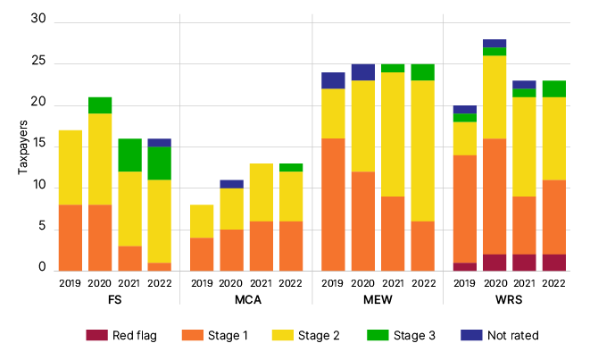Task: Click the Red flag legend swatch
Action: coord(96,335)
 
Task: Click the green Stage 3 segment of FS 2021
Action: coord(129,155)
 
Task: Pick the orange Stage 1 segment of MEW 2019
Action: coord(333,205)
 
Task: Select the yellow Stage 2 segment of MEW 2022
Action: coord(422,151)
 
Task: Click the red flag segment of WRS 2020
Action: coord(494,263)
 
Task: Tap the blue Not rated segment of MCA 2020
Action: coord(232,184)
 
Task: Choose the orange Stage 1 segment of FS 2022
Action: coord(159,266)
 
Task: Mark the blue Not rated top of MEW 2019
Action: coord(333,80)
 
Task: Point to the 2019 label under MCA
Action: coord(202,284)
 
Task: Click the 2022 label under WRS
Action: coord(554,284)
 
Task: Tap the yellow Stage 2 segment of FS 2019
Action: coord(71,168)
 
